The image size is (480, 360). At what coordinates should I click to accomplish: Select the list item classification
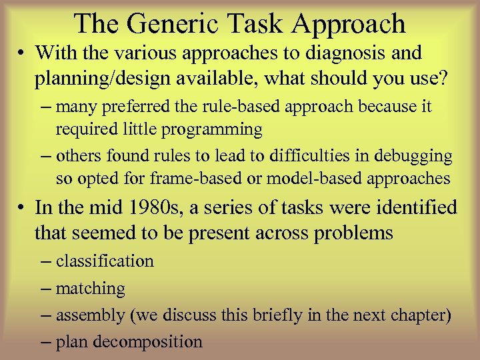(105, 261)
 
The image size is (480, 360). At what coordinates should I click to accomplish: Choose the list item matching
(90, 288)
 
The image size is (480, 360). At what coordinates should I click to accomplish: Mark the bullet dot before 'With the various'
(23, 53)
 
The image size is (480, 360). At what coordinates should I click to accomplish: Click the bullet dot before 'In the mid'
(23, 208)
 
